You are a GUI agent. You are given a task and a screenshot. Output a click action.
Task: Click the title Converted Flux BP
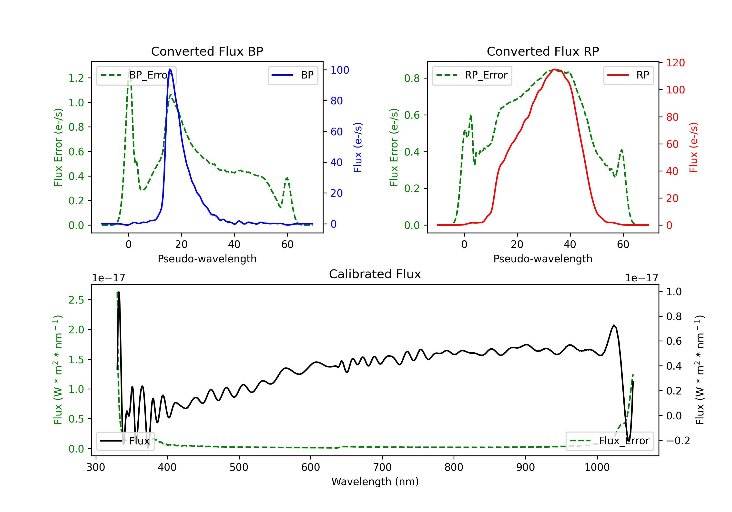tap(207, 51)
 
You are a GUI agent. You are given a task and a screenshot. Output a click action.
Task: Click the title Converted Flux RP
tap(543, 51)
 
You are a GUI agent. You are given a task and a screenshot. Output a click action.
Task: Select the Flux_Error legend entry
tap(609, 441)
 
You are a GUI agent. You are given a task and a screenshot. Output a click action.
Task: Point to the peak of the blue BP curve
tap(170, 69)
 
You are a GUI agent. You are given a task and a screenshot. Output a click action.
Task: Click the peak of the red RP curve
tap(554, 69)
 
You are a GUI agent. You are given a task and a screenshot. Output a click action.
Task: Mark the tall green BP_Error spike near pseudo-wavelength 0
tap(129, 69)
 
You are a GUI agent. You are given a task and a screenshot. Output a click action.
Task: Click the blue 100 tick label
tap(340, 70)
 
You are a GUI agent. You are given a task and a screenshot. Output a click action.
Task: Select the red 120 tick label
tap(675, 63)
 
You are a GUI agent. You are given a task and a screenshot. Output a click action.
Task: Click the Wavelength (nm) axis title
tap(375, 482)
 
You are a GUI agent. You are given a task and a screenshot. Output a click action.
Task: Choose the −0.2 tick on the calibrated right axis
tap(678, 441)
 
